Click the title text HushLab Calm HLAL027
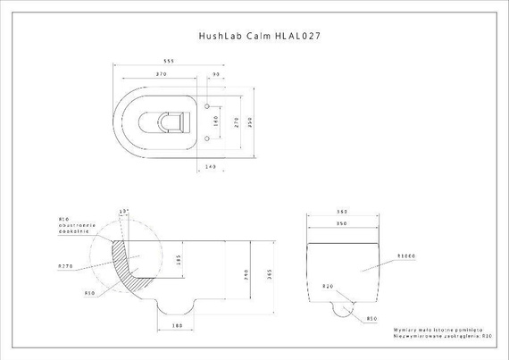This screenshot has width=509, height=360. click(x=259, y=38)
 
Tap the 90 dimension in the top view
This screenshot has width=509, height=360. click(x=217, y=74)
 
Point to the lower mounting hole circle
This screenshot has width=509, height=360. click(x=209, y=138)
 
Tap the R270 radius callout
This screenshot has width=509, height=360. click(x=65, y=266)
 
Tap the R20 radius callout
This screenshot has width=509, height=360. click(x=329, y=287)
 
